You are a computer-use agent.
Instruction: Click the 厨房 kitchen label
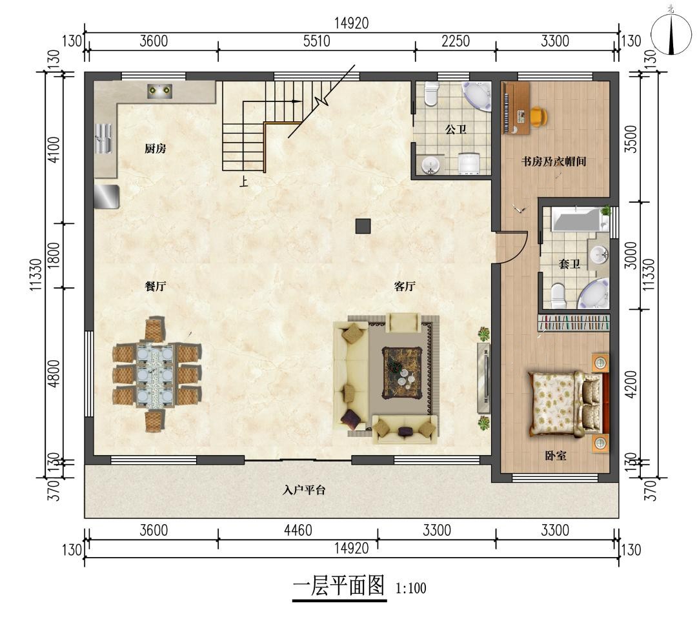155,148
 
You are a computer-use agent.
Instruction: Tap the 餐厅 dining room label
155,286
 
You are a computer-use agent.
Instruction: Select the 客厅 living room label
405,286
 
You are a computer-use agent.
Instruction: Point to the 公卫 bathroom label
456,129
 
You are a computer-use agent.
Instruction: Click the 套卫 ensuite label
569,264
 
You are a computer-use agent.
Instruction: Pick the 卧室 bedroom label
556,456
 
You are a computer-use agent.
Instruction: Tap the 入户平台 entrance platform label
304,490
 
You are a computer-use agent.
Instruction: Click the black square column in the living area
363,227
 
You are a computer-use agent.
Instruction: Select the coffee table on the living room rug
402,372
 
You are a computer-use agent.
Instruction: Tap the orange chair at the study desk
539,117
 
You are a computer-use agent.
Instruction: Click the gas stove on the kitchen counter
159,91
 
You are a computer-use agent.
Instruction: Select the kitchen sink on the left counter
103,138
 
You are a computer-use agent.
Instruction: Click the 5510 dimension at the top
316,41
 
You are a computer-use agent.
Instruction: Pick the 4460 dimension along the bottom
298,530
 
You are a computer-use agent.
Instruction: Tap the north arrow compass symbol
671,34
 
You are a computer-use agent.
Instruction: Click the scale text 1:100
410,588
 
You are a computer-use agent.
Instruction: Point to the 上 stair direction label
243,181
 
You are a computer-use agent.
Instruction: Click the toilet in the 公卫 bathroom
430,94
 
